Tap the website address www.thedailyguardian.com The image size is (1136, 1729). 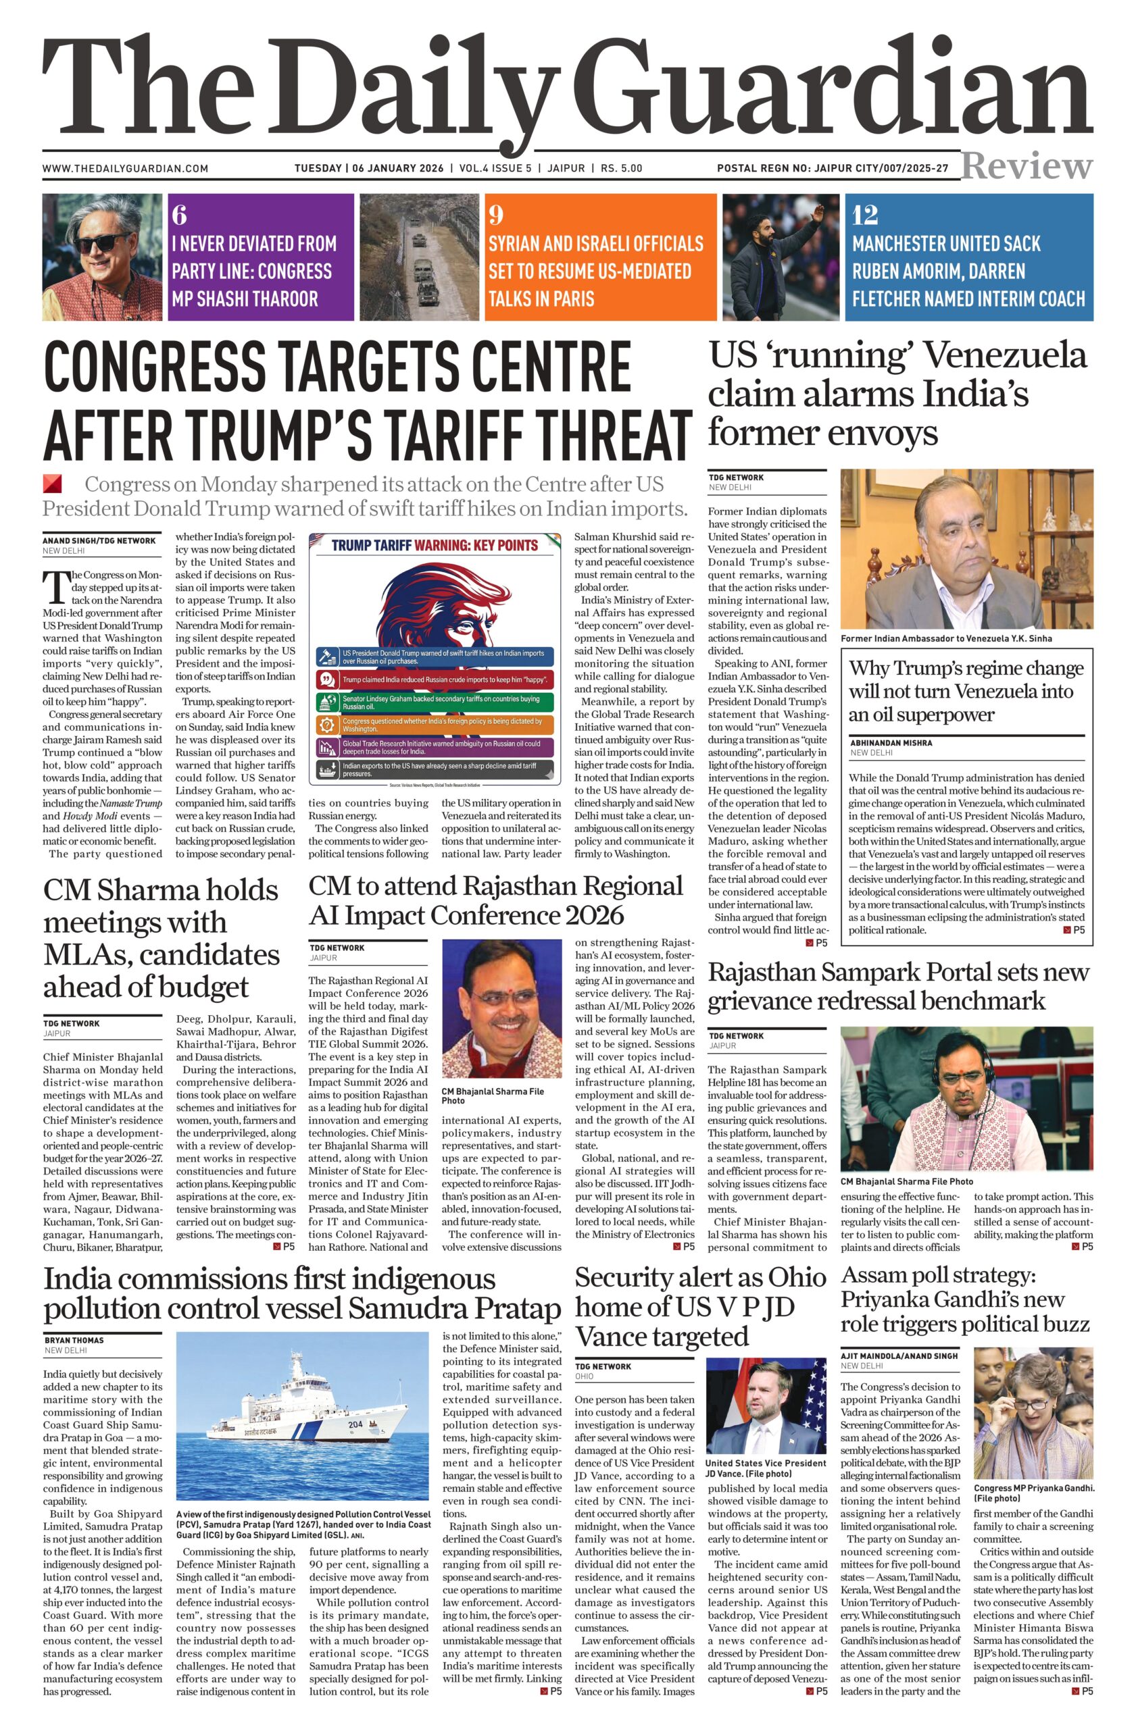125,169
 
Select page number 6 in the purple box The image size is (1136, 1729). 180,215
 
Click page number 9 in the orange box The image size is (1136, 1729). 495,215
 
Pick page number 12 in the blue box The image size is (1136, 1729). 865,215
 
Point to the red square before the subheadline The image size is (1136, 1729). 52,484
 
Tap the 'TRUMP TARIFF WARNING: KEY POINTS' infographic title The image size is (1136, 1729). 435,546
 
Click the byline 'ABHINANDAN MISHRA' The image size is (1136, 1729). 890,743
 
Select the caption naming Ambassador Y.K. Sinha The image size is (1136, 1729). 946,638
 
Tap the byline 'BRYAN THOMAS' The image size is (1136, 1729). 74,1341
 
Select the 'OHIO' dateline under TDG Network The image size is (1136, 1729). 585,1376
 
